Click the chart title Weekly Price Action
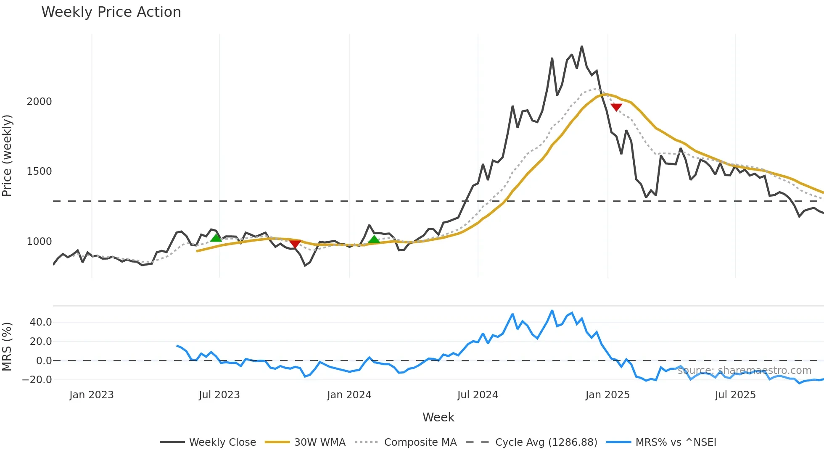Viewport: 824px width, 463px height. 111,12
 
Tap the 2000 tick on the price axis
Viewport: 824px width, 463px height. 39,102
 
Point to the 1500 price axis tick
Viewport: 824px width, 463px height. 39,171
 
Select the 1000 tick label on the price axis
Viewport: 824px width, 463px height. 39,242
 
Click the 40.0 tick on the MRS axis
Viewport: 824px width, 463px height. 41,322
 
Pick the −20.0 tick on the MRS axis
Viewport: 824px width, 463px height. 37,380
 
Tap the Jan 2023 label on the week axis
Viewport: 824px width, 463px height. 92,395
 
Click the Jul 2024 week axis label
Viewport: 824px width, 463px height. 478,395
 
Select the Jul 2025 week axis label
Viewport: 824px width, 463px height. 735,395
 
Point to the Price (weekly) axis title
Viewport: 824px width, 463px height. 7,155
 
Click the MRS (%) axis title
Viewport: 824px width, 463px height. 7,347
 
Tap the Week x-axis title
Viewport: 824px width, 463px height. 438,417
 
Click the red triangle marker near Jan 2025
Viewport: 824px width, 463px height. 616,107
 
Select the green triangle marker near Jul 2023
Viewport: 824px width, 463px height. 216,238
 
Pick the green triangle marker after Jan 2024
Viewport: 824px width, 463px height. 374,239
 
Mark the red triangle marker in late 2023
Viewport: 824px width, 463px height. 295,244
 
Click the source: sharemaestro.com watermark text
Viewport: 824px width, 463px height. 745,371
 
